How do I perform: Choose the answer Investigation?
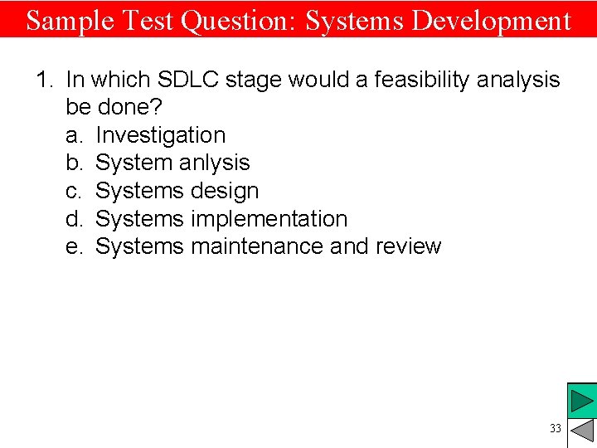pyautogui.click(x=160, y=135)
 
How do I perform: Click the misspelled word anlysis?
pyautogui.click(x=211, y=163)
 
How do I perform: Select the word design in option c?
pyautogui.click(x=225, y=191)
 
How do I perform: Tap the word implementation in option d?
pyautogui.click(x=269, y=219)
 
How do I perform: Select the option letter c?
pyautogui.click(x=73, y=191)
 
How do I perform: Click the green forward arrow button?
pyautogui.click(x=582, y=401)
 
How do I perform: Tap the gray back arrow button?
pyautogui.click(x=583, y=431)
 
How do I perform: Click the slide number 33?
pyautogui.click(x=555, y=429)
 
